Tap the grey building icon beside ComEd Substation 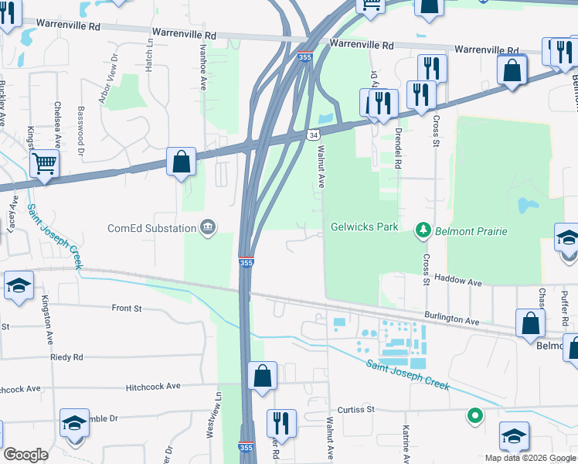coord(208,227)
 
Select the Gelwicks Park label coord(364,227)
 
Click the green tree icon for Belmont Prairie coord(423,229)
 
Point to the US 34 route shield coord(313,135)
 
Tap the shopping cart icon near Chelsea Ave coord(45,164)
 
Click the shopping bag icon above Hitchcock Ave coord(263,376)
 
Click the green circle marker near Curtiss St coord(474,417)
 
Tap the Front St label coord(127,308)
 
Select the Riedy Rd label coord(66,357)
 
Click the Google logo coord(25,455)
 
